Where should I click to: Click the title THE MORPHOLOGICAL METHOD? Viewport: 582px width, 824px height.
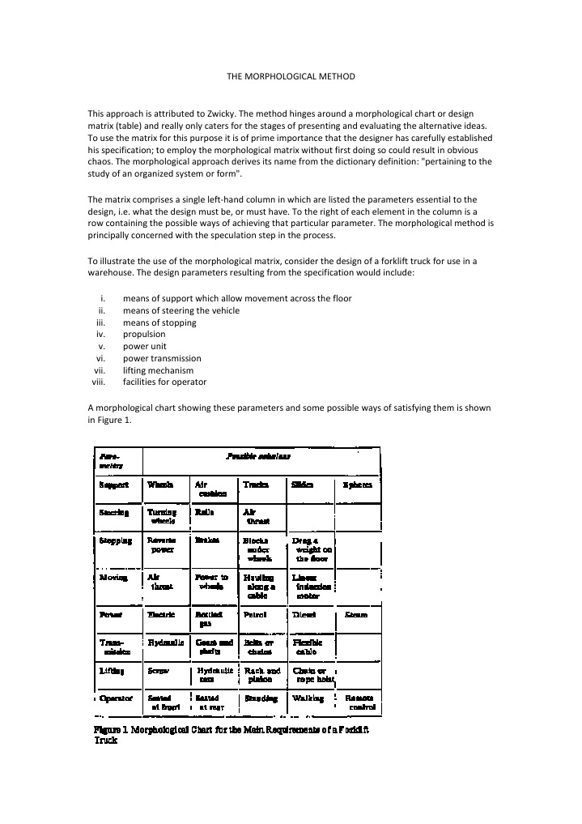pyautogui.click(x=291, y=75)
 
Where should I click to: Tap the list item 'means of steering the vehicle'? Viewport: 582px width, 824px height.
pyautogui.click(x=181, y=310)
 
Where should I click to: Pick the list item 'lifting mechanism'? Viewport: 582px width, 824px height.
pyautogui.click(x=158, y=370)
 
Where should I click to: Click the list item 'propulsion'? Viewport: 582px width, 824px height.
pyautogui.click(x=144, y=334)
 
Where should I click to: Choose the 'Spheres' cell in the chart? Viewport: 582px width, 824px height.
pyautogui.click(x=357, y=485)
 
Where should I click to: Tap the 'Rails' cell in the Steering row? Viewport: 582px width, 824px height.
pyautogui.click(x=203, y=512)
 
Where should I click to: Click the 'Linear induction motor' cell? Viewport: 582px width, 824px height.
pyautogui.click(x=308, y=587)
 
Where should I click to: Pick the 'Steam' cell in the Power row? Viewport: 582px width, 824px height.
pyautogui.click(x=356, y=615)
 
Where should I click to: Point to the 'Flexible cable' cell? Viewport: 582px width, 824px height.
pyautogui.click(x=308, y=646)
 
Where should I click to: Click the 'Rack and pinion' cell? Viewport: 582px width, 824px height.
pyautogui.click(x=262, y=675)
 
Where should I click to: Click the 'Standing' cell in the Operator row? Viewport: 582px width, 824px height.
pyautogui.click(x=261, y=698)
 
